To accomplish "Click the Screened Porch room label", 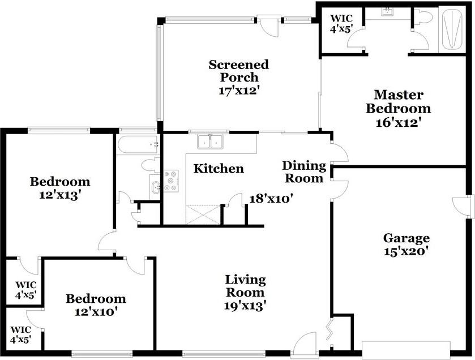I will (238, 71).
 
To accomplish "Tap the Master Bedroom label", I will (398, 101).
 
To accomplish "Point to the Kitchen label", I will (219, 169).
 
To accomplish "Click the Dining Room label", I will (304, 172).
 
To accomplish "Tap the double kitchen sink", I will (211, 142).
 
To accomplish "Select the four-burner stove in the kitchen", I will (171, 181).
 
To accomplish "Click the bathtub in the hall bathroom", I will (138, 145).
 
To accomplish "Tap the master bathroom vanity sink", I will (388, 12).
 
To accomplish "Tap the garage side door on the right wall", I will (463, 207).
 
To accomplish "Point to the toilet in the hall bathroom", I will (150, 165).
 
